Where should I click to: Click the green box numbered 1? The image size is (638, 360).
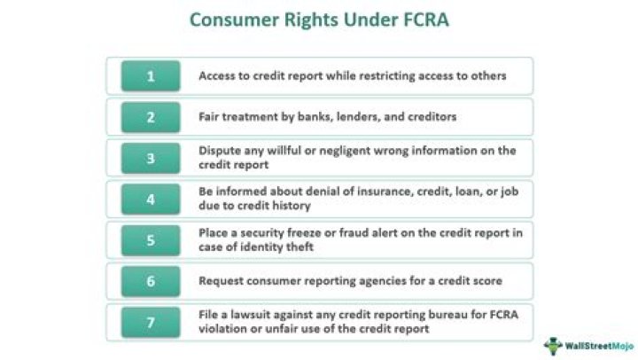pos(150,76)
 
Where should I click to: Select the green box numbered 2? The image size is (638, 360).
pos(150,117)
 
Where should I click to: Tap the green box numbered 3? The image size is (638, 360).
pos(150,158)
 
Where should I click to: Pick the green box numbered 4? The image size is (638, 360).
pos(150,199)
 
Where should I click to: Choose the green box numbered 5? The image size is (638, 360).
pos(150,239)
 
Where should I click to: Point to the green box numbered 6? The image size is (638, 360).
pos(150,280)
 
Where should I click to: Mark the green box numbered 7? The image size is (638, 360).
pos(150,321)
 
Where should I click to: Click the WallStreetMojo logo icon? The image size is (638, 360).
pos(554,345)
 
